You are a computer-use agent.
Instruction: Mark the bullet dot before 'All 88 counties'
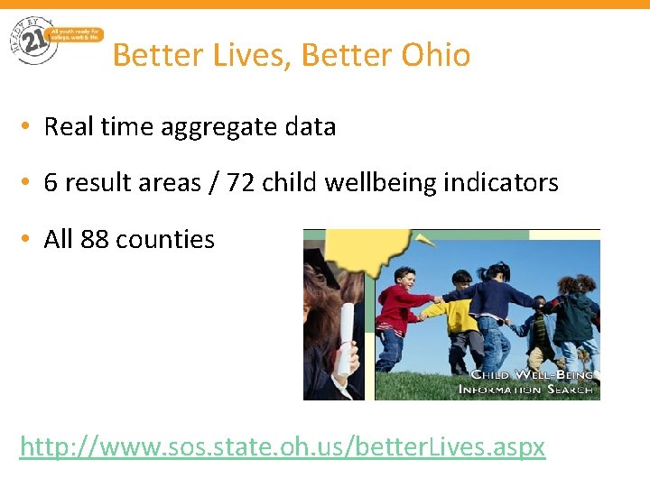28,240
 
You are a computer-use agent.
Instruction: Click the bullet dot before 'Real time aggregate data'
28,127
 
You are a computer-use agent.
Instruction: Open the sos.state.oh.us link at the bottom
283,446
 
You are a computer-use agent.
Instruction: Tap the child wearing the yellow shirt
461,316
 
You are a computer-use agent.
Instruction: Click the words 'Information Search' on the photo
525,390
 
